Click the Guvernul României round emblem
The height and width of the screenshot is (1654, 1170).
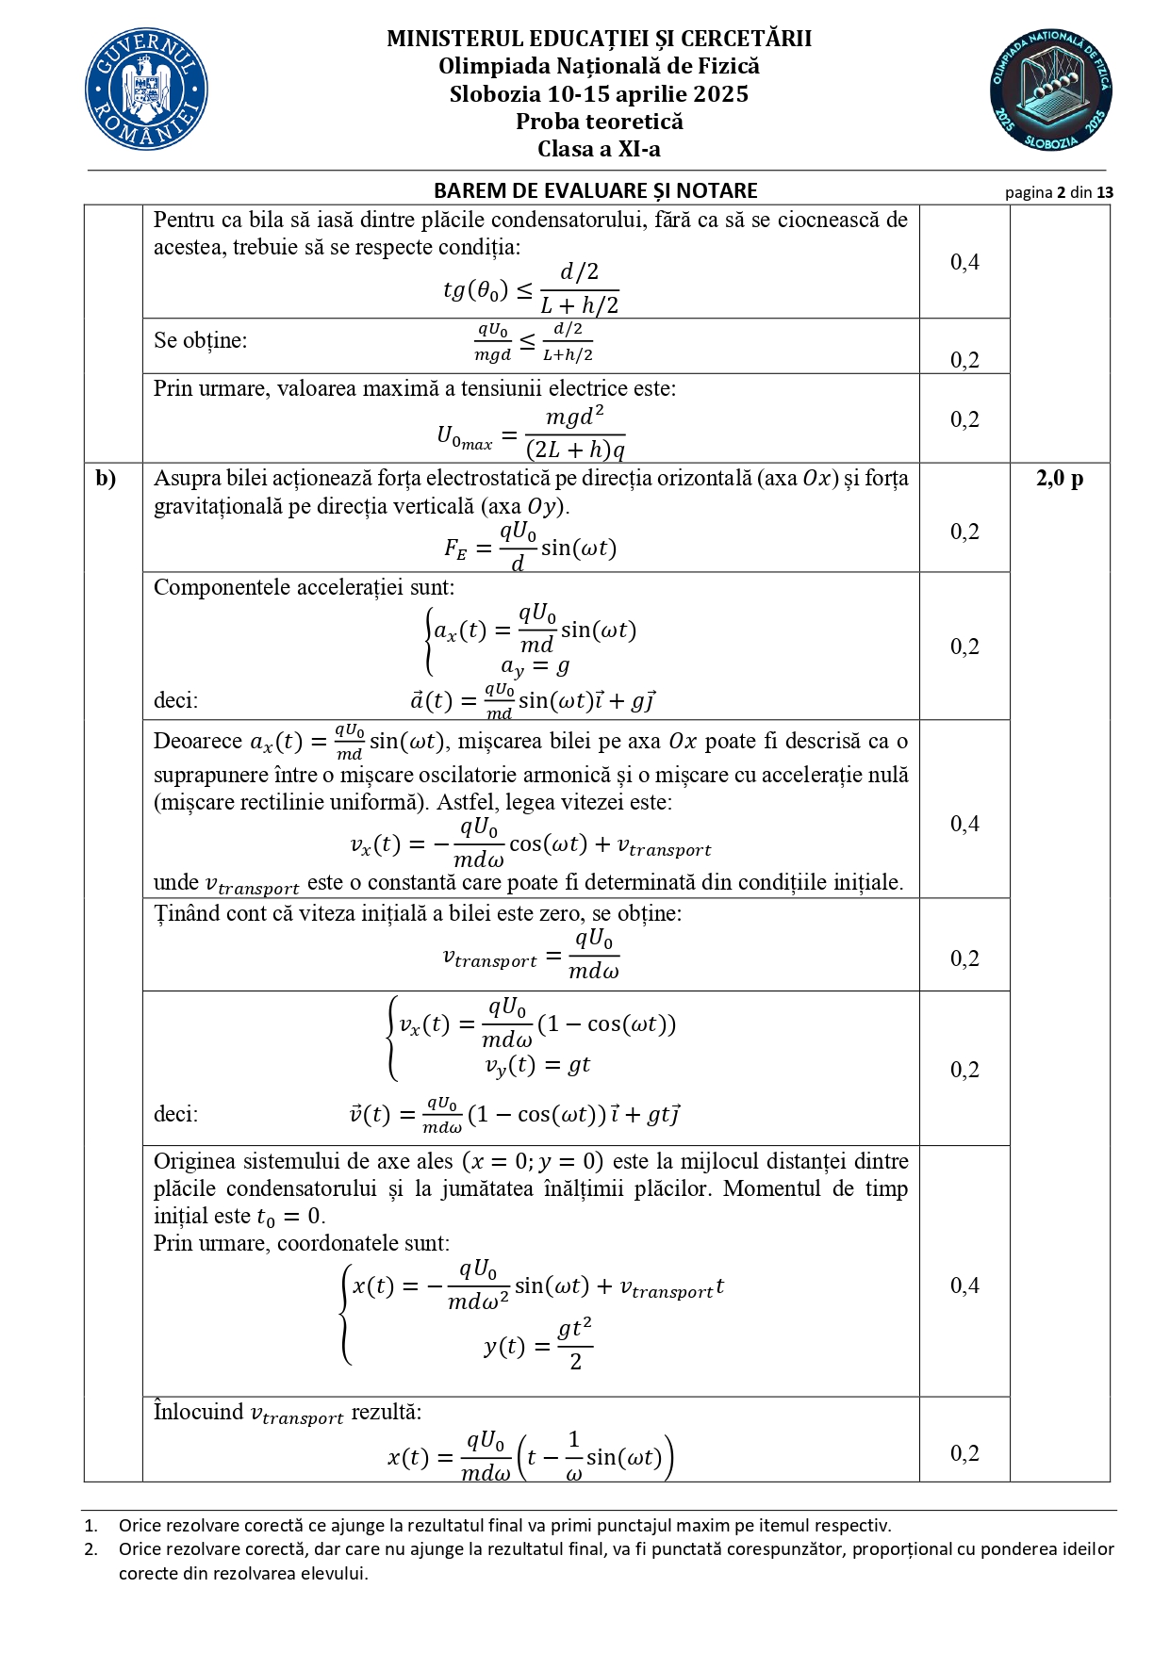(x=146, y=90)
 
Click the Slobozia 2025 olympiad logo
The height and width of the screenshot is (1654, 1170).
(x=1051, y=90)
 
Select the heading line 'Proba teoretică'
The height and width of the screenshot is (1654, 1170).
(x=599, y=122)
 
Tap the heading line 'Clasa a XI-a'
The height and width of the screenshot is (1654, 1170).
(x=599, y=149)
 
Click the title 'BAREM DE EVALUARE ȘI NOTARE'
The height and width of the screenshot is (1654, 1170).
(x=595, y=190)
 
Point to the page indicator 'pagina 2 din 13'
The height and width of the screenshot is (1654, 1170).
(x=1059, y=192)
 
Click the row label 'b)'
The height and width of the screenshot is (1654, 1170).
(x=106, y=479)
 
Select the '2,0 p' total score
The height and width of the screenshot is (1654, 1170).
(x=1060, y=479)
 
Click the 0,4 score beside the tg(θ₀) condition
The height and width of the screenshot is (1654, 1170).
(x=964, y=262)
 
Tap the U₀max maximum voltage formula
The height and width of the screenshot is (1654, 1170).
(x=531, y=432)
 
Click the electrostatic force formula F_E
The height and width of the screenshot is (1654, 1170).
(x=530, y=547)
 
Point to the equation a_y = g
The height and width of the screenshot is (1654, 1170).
(x=535, y=667)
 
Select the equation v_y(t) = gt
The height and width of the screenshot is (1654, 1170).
(x=537, y=1065)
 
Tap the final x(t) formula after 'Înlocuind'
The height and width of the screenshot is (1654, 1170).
(x=530, y=1457)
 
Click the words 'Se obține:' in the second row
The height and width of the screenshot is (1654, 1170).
(x=200, y=340)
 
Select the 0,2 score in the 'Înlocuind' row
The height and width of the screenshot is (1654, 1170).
(x=964, y=1453)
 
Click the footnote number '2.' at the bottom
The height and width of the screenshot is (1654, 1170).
(x=91, y=1548)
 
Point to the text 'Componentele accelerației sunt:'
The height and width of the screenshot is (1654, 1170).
(x=304, y=587)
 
